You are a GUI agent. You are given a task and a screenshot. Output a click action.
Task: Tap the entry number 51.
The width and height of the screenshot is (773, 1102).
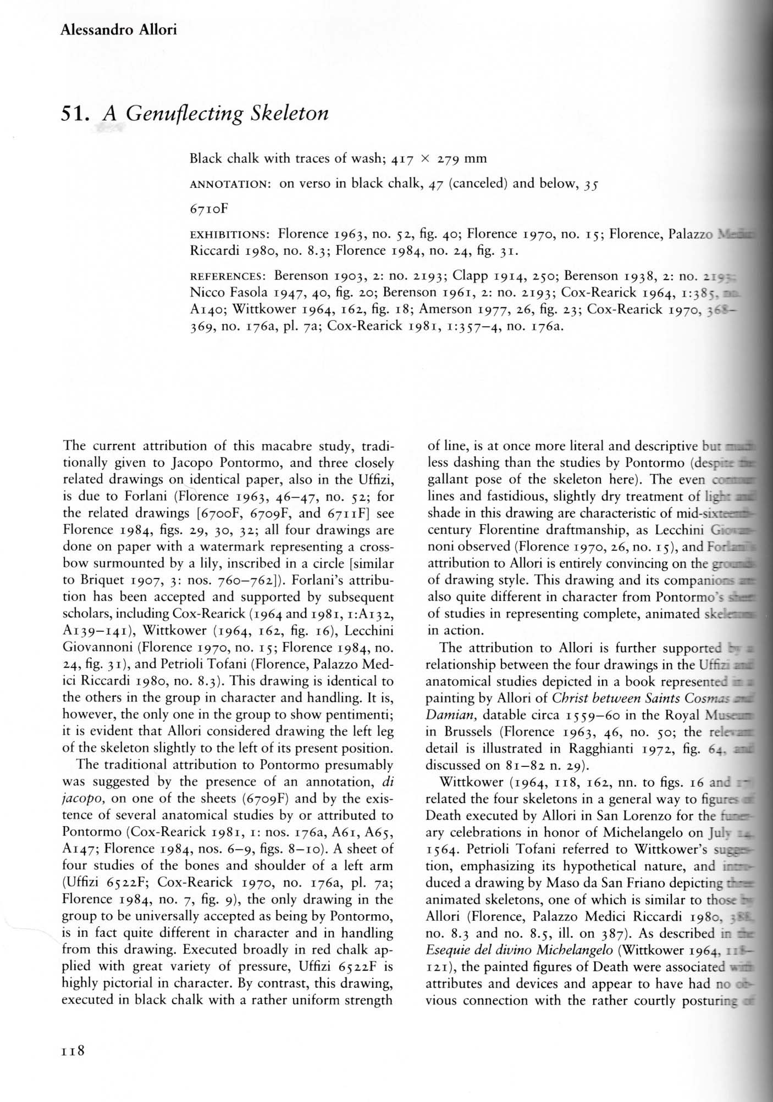pyautogui.click(x=76, y=114)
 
